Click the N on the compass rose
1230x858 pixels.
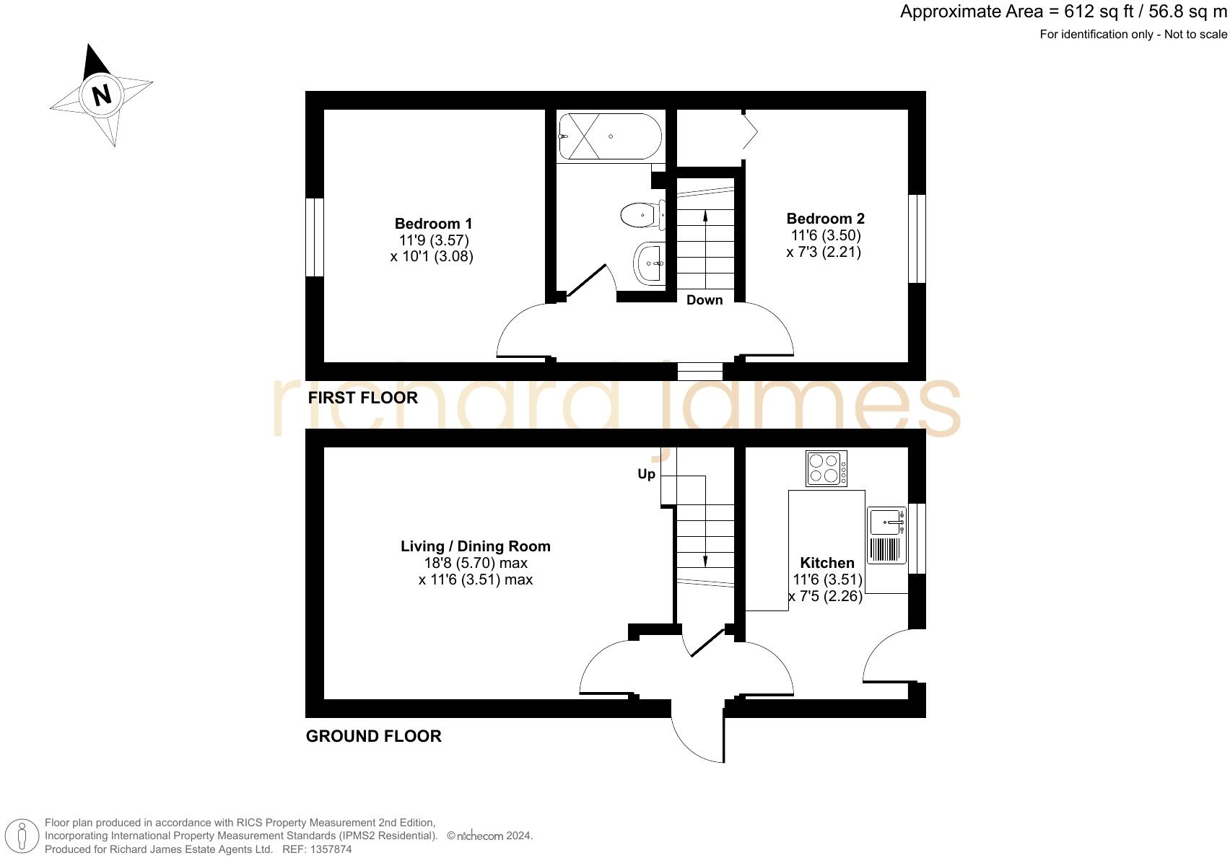(x=101, y=95)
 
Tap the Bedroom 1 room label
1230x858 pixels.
(x=433, y=224)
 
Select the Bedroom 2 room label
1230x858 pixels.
(x=825, y=219)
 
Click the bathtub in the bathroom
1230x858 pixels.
(x=609, y=136)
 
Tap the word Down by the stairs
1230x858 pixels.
(x=704, y=300)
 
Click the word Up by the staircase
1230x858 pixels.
(x=646, y=474)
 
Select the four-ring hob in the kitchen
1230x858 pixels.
(x=826, y=468)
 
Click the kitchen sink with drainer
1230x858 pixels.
(x=886, y=535)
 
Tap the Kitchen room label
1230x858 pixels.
(x=826, y=563)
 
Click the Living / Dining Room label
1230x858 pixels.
(x=475, y=546)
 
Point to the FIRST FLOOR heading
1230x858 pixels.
(x=362, y=398)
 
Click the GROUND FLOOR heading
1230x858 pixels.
(x=373, y=736)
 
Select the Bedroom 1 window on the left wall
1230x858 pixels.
(x=314, y=237)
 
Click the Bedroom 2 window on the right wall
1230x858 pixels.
(x=917, y=238)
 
